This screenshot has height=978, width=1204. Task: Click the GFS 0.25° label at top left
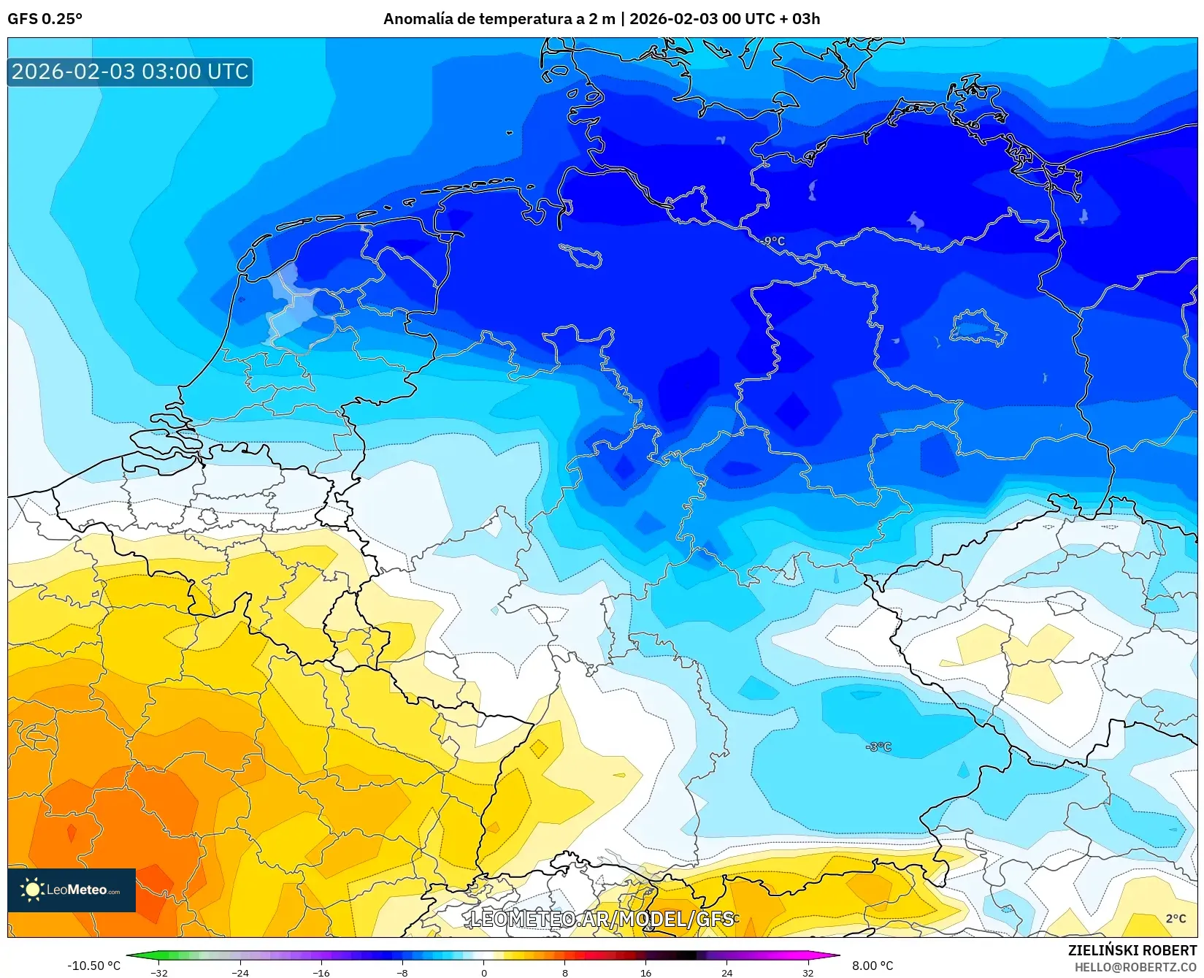[45, 18]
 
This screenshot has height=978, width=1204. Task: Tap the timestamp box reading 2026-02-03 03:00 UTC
[130, 72]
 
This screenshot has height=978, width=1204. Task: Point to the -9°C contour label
[772, 241]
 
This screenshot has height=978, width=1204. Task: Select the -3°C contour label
[878, 746]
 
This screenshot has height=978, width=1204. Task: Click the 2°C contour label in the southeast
[1176, 918]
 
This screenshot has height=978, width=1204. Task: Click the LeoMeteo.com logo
[72, 890]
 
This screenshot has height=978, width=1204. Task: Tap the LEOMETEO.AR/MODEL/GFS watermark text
[602, 919]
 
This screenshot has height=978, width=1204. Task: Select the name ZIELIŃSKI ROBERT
[1132, 950]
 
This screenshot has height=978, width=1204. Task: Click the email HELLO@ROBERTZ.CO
[1135, 966]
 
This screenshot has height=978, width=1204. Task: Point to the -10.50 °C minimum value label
[93, 966]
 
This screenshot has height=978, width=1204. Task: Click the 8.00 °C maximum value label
[873, 966]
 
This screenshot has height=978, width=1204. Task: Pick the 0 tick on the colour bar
[483, 972]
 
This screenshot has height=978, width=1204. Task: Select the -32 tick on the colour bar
[159, 972]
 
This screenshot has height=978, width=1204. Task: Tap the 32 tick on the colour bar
[808, 972]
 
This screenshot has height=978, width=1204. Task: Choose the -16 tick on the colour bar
[321, 972]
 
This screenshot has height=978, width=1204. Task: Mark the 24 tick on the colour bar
[726, 972]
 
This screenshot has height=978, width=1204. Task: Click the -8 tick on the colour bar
[402, 972]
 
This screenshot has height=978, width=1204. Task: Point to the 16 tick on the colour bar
[645, 972]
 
